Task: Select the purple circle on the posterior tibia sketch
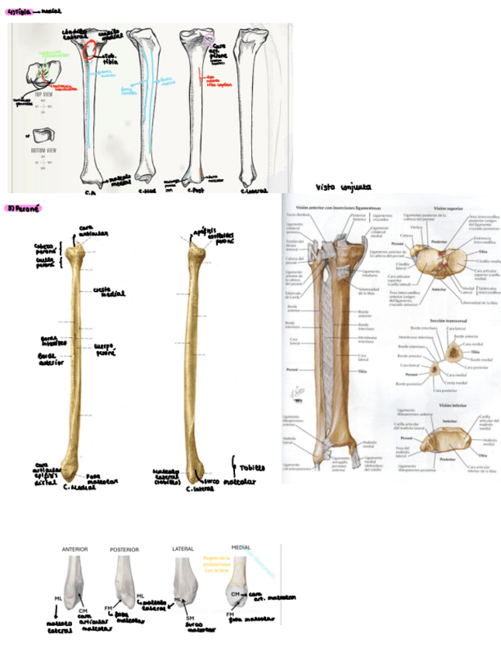212,37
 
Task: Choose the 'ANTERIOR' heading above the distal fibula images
74,549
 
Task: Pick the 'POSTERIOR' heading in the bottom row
124,549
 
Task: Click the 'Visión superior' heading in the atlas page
449,208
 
